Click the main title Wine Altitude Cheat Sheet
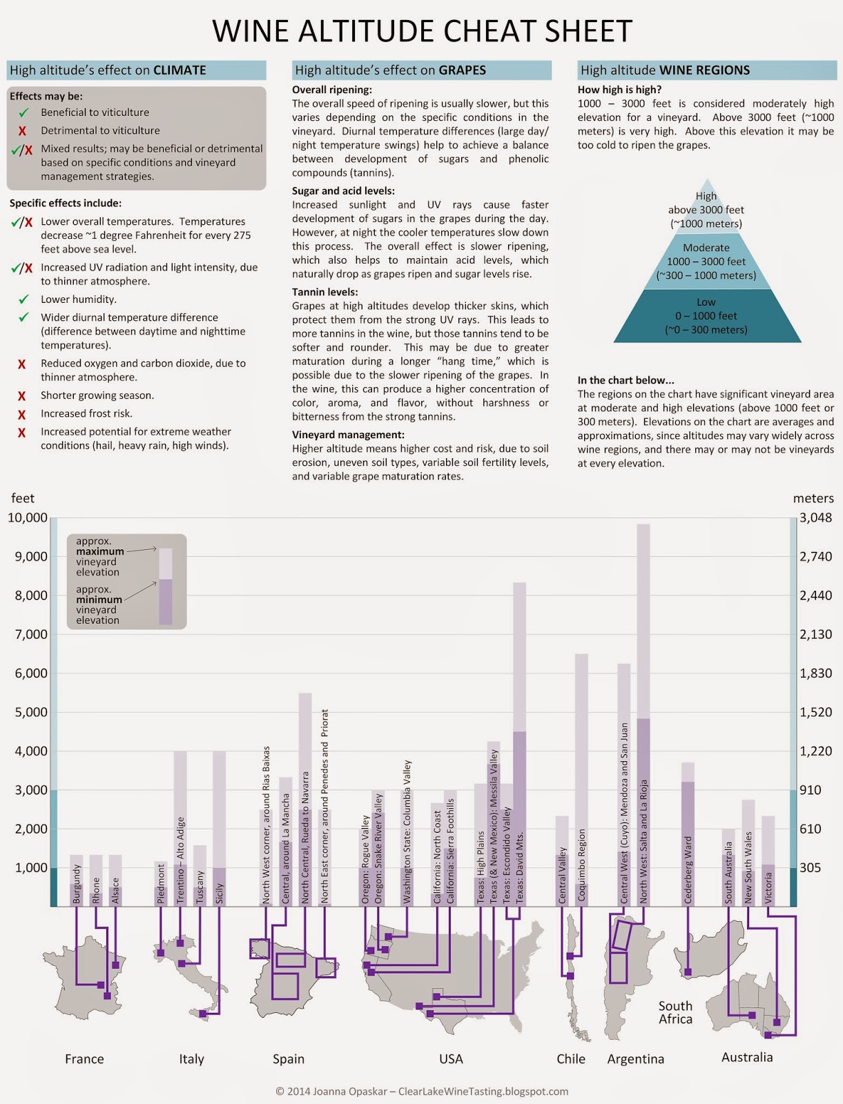coord(422,31)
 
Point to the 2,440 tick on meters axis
coord(815,595)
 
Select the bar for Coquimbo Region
coord(581,780)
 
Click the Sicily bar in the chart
coord(219,828)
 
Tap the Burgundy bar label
coord(77,883)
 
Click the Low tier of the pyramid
coord(706,316)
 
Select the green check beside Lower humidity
coord(24,299)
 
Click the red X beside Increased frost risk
coord(22,414)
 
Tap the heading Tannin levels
coord(324,292)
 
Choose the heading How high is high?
coord(619,90)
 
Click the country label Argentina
coord(635,1059)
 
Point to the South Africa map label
coord(675,1012)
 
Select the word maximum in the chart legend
coord(100,551)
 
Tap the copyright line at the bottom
coord(422,1092)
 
